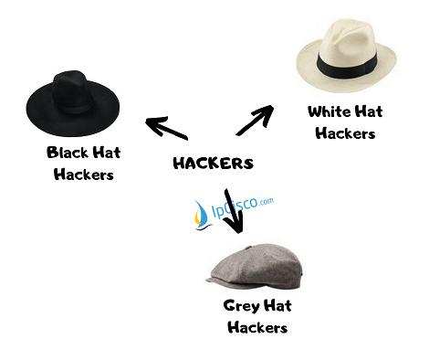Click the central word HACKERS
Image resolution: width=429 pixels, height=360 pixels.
(x=213, y=164)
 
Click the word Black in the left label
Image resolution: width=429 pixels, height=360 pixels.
(x=66, y=152)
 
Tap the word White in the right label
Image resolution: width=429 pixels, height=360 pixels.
(x=329, y=112)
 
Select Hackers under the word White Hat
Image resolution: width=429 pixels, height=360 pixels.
(x=345, y=133)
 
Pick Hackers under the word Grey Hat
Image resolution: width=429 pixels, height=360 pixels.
(x=256, y=327)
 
